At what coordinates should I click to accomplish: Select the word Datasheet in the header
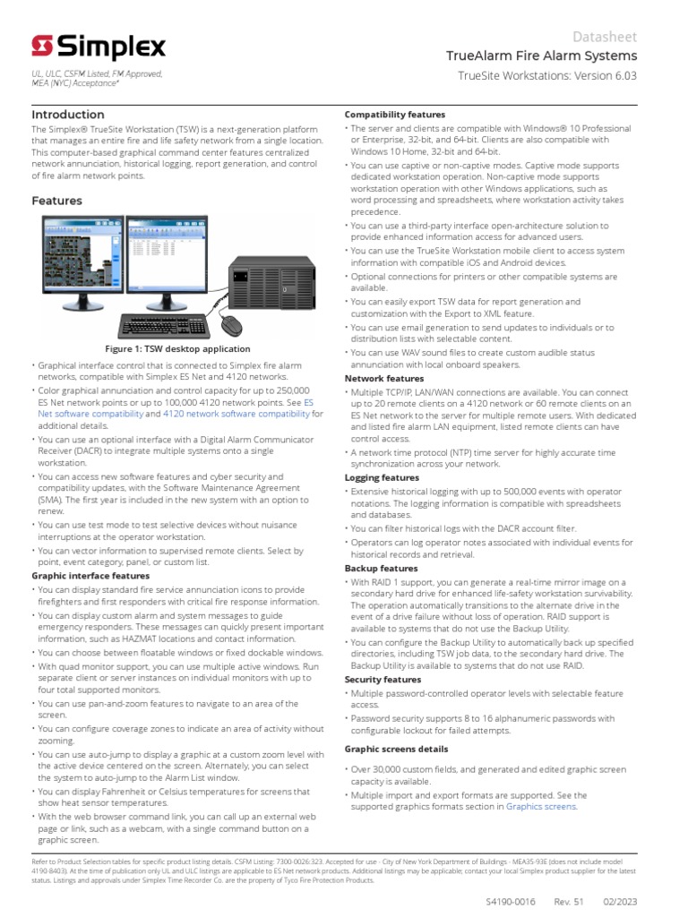(x=605, y=36)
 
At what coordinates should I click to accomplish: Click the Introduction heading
(x=68, y=115)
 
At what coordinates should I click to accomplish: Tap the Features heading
(x=57, y=201)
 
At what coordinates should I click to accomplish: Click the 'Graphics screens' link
(x=541, y=806)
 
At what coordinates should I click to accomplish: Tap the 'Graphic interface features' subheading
(x=90, y=576)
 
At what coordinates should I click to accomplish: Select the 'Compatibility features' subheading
(x=395, y=115)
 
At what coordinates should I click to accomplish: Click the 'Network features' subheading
(x=384, y=379)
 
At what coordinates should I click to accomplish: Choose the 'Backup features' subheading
(x=381, y=568)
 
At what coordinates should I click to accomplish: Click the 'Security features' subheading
(x=383, y=680)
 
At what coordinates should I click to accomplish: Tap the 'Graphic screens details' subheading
(x=397, y=749)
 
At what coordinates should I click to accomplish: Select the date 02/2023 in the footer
(x=619, y=901)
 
